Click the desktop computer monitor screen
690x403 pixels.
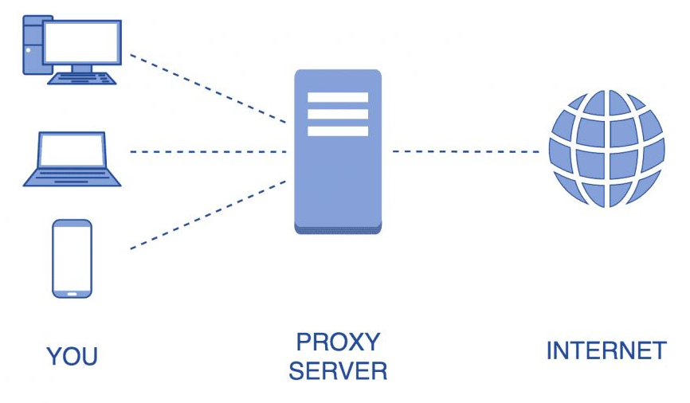click(83, 42)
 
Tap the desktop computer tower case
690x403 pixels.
click(32, 45)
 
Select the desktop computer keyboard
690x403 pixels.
click(83, 78)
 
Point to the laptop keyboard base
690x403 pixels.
click(72, 177)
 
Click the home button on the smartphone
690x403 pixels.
click(72, 293)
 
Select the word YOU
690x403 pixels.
click(72, 356)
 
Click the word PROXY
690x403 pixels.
click(338, 342)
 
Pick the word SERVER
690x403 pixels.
click(338, 370)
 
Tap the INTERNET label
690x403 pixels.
click(606, 350)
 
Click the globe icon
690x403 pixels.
click(606, 148)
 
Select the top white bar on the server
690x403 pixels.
click(338, 97)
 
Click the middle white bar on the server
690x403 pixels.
click(338, 114)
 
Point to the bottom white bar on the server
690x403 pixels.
click(338, 131)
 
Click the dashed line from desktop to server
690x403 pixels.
click(207, 88)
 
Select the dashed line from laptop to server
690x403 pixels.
click(207, 151)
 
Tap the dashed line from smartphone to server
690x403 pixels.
click(207, 214)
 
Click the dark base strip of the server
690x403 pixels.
click(338, 229)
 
